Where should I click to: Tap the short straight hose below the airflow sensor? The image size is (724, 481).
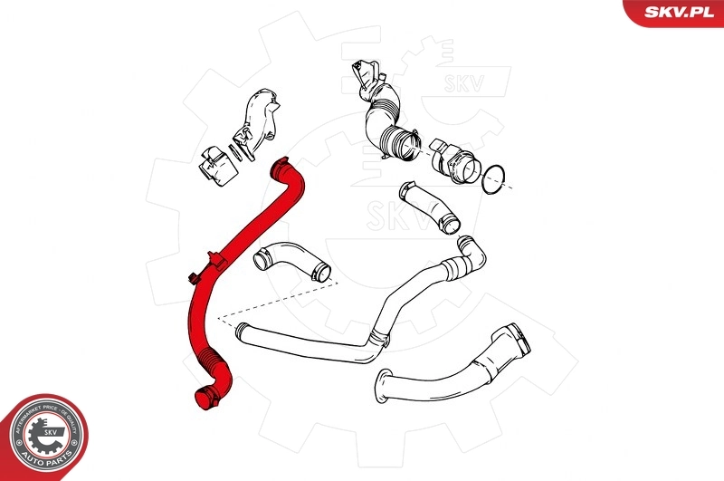[x=429, y=206]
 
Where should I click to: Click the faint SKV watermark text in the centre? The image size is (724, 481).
[x=387, y=214]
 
